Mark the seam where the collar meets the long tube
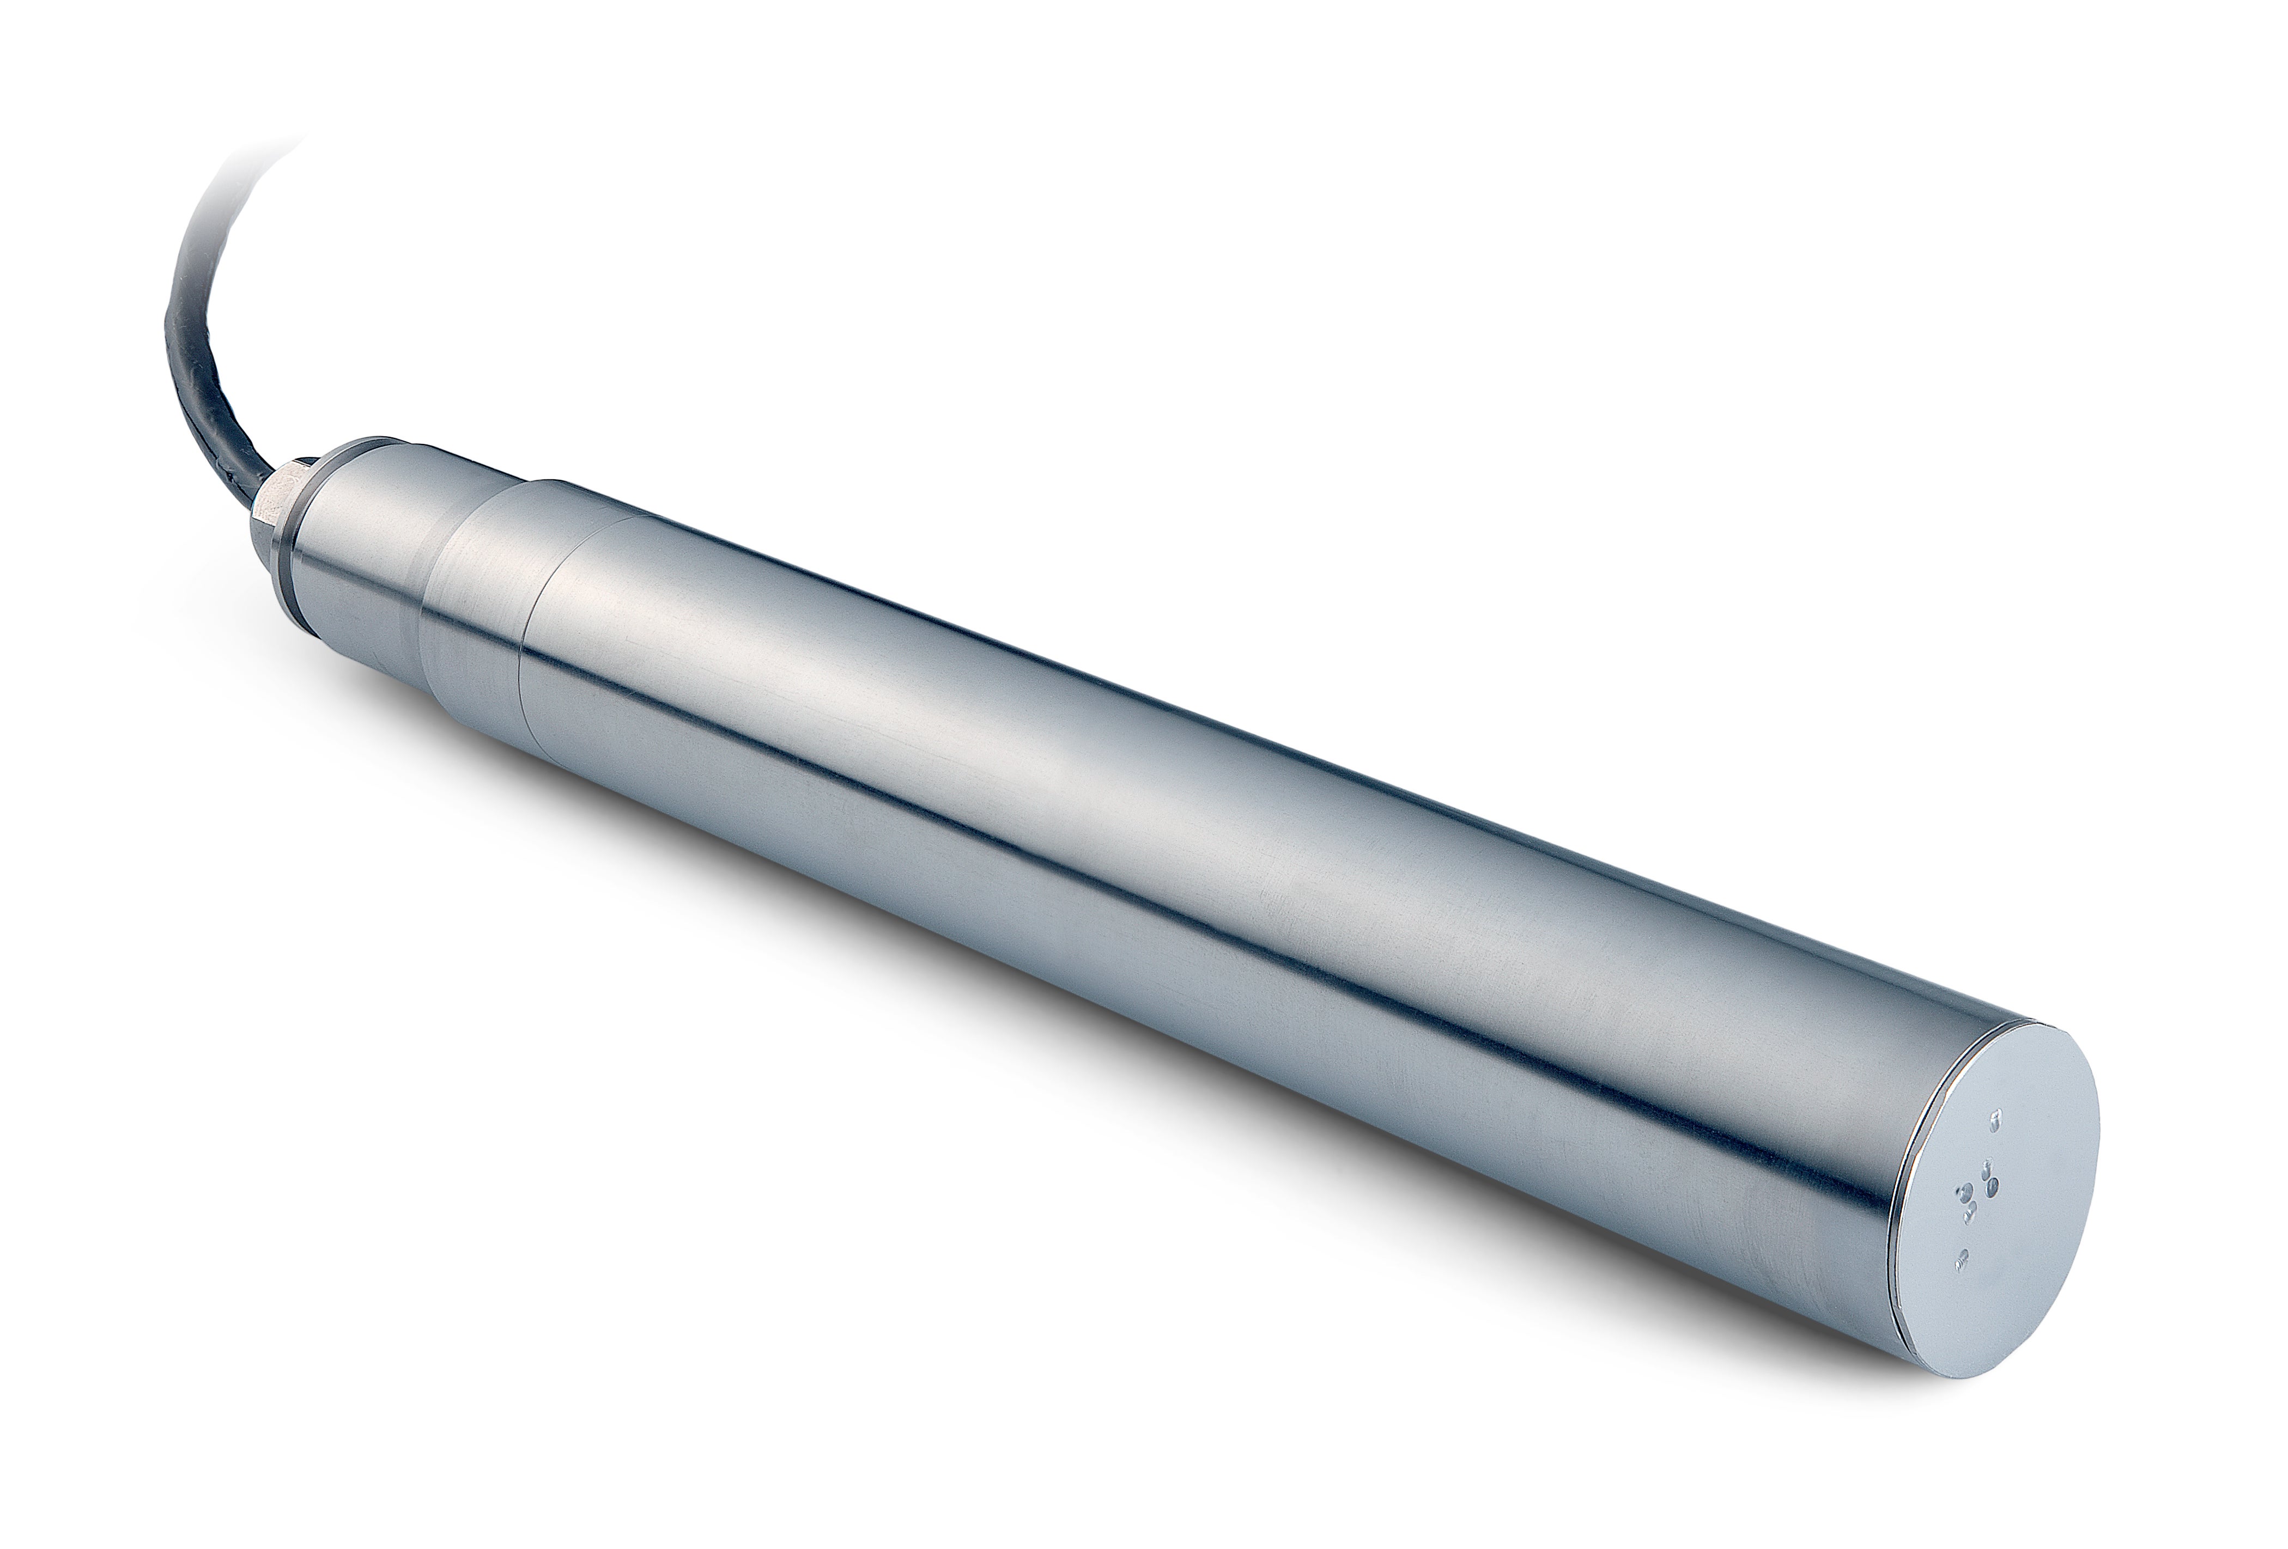(532, 630)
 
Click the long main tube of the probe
(1181, 886)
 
